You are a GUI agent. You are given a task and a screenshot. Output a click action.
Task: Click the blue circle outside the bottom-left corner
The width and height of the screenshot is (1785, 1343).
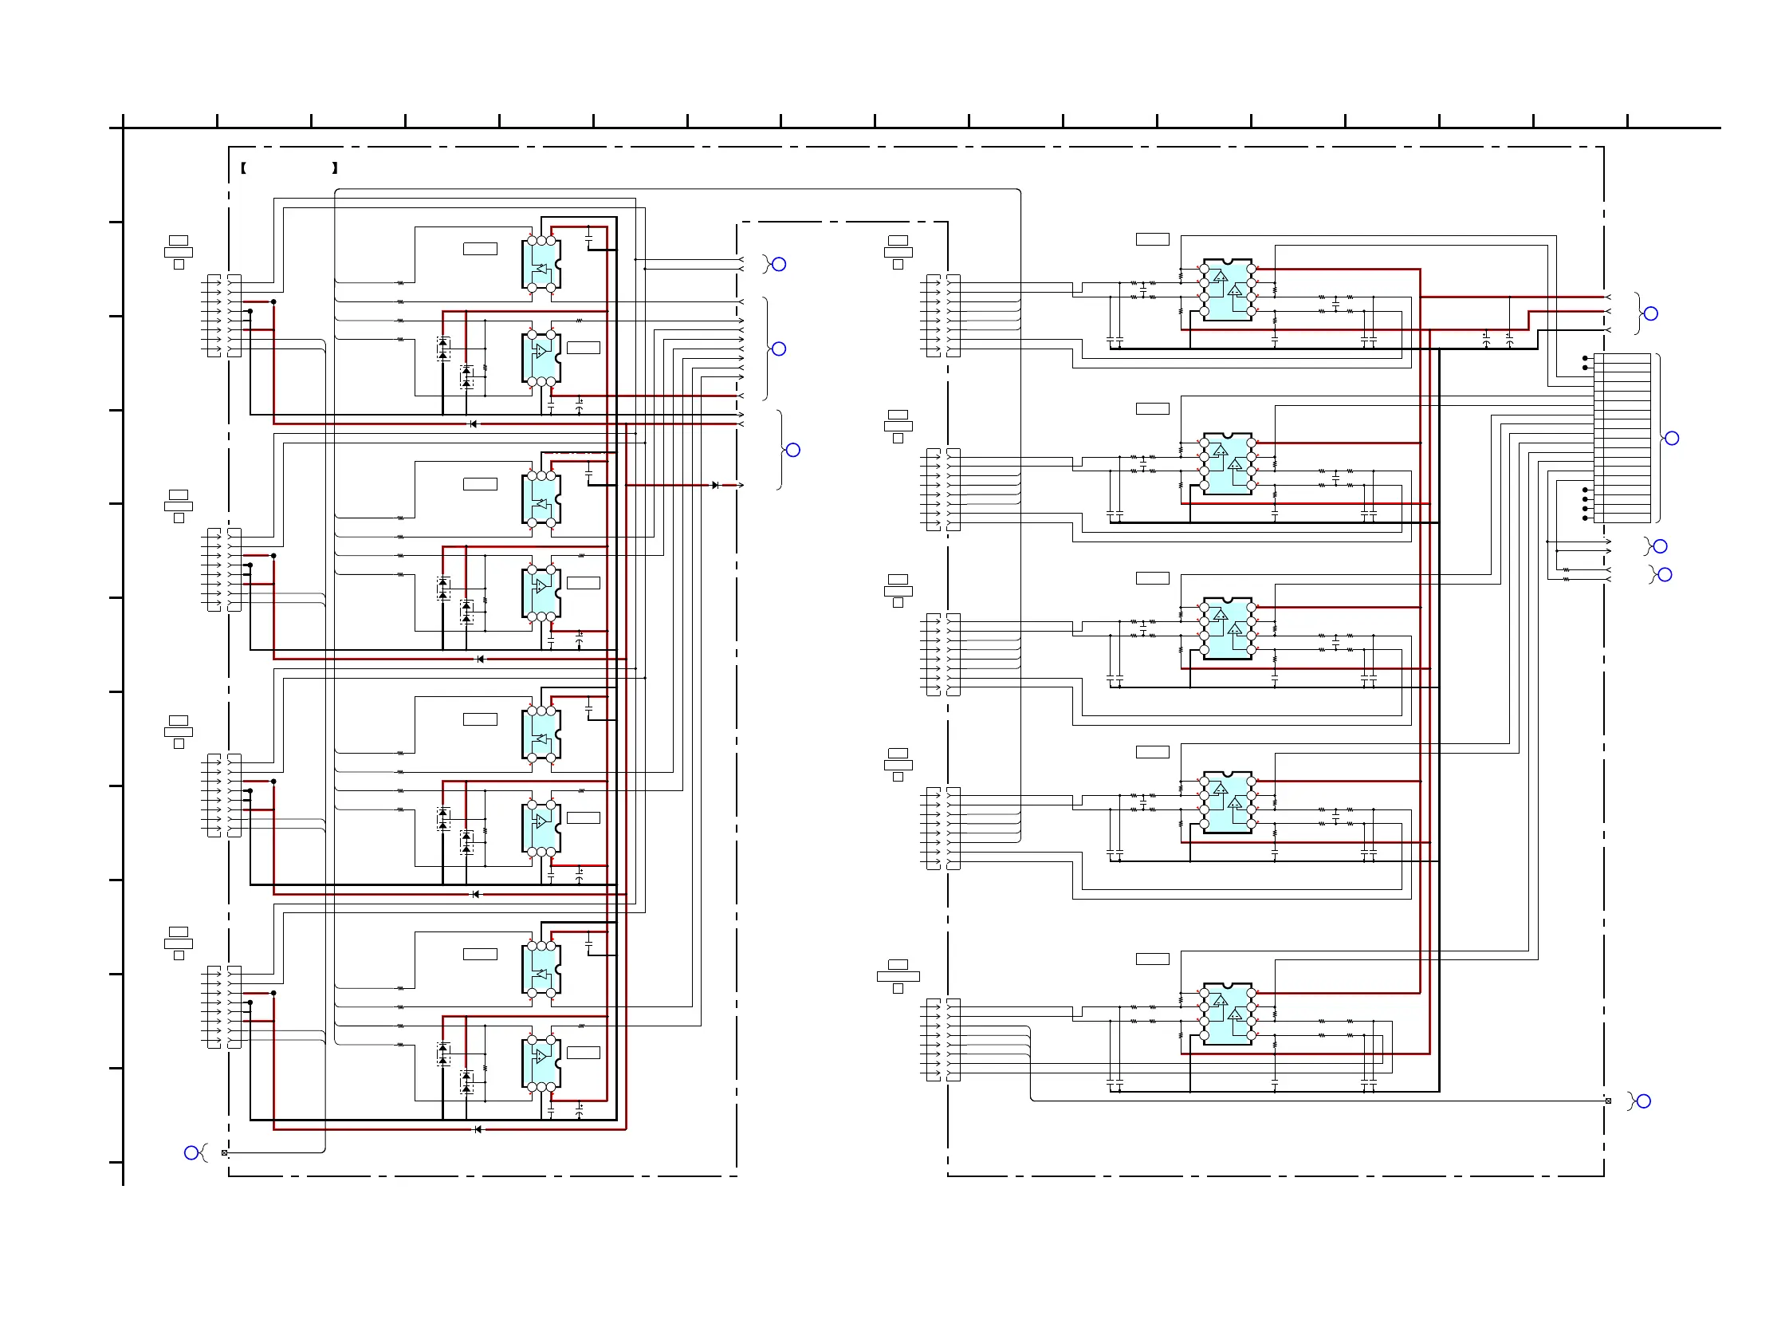191,1152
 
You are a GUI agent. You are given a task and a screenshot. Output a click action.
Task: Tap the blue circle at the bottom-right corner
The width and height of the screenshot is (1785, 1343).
1644,1101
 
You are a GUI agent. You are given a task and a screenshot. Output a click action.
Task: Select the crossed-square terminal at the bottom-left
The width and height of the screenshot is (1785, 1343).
224,1152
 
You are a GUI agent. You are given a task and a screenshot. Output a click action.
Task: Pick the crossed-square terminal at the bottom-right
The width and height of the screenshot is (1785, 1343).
1608,1101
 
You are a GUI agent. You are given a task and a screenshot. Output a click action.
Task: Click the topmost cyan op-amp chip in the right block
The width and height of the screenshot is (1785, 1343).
1228,289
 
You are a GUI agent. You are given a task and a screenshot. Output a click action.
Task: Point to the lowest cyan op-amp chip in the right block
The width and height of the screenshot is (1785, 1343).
1228,1014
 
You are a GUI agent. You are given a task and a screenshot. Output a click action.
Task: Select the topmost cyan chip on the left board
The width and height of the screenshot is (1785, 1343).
541,264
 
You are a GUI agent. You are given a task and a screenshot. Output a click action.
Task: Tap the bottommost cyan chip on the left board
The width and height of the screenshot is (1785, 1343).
541,1063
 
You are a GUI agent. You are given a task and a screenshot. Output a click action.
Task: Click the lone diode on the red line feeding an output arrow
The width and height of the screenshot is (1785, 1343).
715,485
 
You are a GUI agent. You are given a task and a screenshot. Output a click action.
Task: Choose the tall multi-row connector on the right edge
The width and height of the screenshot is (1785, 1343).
1622,438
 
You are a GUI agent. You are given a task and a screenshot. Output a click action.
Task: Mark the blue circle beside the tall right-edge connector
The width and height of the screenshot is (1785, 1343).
1672,439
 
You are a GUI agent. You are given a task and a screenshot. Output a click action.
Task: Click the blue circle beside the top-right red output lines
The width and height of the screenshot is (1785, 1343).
1651,313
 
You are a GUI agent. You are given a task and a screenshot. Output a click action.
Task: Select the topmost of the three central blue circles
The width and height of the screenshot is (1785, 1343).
779,264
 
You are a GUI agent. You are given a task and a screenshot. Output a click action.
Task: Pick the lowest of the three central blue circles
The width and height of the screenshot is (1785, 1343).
793,451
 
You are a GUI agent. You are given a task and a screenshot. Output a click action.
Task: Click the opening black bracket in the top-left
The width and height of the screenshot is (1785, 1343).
243,167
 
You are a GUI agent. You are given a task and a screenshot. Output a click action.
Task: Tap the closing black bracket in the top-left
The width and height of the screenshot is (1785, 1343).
335,167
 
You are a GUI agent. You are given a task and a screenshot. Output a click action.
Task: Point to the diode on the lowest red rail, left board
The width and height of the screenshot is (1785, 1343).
478,1129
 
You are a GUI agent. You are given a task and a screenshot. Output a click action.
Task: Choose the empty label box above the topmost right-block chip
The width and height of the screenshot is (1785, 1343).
1152,239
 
